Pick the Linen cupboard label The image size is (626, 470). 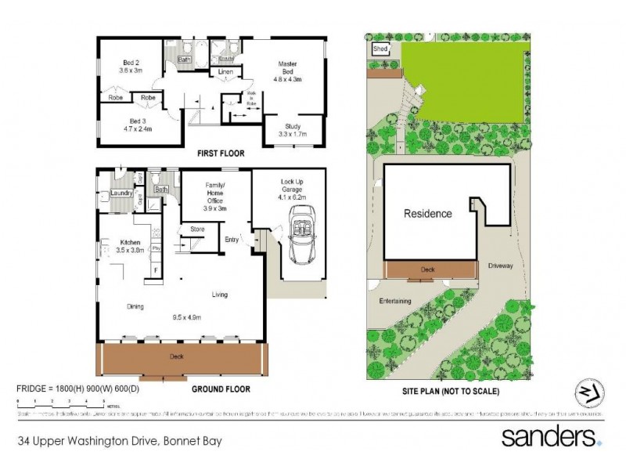click(225, 72)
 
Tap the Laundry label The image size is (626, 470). click(121, 193)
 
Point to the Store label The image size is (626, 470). click(197, 230)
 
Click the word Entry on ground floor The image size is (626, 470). click(232, 240)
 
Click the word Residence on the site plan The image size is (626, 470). click(427, 213)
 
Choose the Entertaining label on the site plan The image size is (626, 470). click(395, 300)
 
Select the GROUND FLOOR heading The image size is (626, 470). click(221, 389)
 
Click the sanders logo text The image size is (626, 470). click(550, 436)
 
